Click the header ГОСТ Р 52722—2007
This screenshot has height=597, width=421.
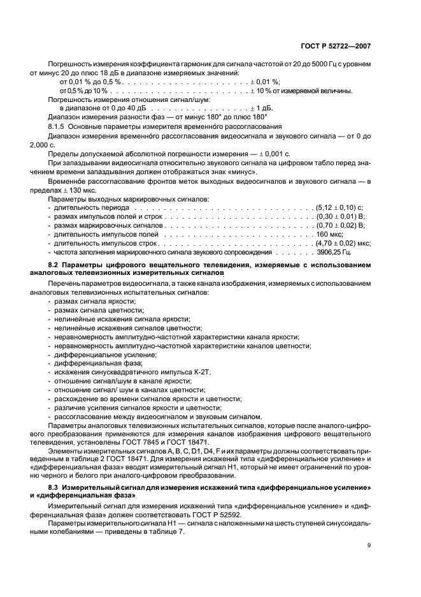(338, 47)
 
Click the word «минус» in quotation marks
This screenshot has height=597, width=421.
(242, 172)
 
